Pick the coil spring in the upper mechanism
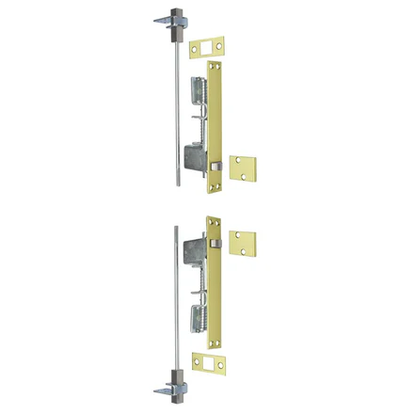[x=198, y=94]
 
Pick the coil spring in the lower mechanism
[x=198, y=315]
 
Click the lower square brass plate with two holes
[x=243, y=244]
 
